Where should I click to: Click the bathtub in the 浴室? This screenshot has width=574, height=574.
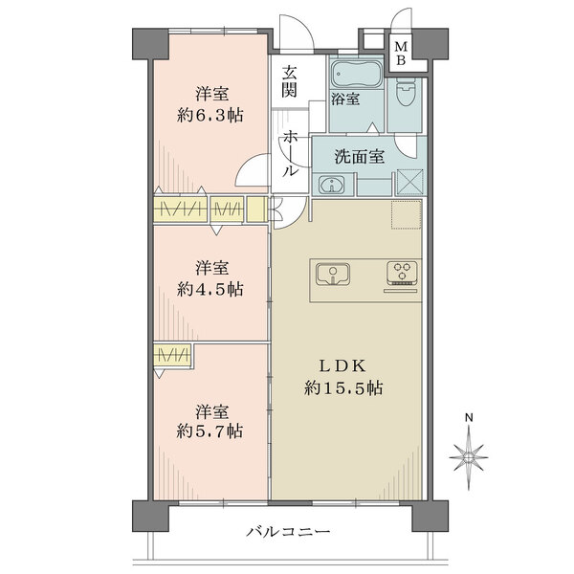(x=356, y=75)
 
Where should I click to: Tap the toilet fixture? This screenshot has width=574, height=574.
(x=406, y=91)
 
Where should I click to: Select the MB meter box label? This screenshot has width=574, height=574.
(x=401, y=53)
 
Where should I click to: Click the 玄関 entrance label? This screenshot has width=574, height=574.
(x=289, y=81)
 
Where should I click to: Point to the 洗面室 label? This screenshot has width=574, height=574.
(x=360, y=157)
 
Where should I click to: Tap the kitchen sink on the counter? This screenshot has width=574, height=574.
(x=332, y=275)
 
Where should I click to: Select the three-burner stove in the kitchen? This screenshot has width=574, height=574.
(x=403, y=274)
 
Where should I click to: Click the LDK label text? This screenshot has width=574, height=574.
(x=343, y=365)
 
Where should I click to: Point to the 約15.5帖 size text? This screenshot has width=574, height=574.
(x=343, y=387)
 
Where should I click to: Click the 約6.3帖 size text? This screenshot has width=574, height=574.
(x=210, y=116)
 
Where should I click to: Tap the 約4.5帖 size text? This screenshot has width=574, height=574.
(x=210, y=290)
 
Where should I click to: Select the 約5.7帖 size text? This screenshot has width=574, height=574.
(x=210, y=431)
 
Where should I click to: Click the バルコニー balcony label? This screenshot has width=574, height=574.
(x=288, y=531)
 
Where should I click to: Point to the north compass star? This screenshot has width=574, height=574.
(x=469, y=457)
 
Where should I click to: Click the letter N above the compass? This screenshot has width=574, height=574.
(x=469, y=417)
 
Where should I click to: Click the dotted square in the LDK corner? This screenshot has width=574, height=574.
(x=407, y=215)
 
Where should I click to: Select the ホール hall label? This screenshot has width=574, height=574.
(x=289, y=153)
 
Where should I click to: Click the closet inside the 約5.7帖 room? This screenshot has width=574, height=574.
(x=172, y=354)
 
